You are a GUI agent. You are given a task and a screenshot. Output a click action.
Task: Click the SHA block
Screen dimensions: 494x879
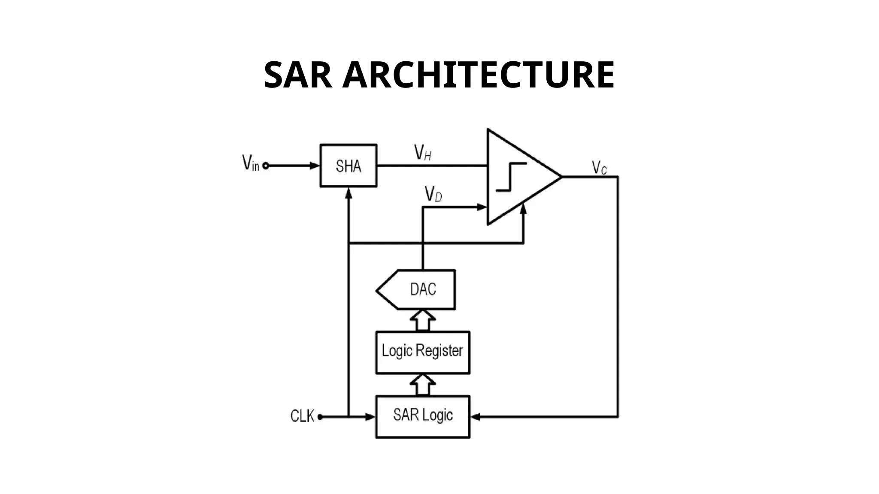pos(349,166)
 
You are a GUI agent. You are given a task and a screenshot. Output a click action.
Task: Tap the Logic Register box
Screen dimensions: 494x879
pos(423,352)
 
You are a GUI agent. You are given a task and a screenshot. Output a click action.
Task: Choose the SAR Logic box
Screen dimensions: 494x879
pos(423,416)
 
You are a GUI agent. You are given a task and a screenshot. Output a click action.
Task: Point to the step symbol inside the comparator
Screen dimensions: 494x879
pos(511,177)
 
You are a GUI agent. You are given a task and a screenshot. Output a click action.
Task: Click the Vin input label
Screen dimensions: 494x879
pos(251,163)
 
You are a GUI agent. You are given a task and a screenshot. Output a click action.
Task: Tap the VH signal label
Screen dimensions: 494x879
pos(422,153)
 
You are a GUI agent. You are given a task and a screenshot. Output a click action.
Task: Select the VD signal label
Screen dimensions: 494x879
pos(433,194)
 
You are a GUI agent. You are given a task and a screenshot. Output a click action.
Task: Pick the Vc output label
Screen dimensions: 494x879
pos(599,168)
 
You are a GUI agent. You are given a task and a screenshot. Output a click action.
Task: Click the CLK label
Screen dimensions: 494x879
pos(302,416)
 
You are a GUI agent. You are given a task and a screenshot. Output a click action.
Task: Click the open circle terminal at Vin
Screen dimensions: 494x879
pos(266,166)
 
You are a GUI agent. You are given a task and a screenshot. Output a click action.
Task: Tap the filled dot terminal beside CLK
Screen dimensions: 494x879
pos(320,417)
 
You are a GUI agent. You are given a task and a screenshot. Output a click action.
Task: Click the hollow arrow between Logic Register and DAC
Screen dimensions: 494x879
pos(423,320)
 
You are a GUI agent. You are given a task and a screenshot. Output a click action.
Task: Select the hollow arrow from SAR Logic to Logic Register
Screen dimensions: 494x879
pos(423,385)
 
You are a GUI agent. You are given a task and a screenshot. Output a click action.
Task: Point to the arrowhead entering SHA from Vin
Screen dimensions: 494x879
pos(315,166)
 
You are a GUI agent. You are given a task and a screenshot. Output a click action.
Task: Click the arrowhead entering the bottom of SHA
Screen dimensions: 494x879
pos(349,193)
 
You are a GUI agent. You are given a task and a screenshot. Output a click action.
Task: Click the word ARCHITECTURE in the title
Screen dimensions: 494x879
pos(478,75)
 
